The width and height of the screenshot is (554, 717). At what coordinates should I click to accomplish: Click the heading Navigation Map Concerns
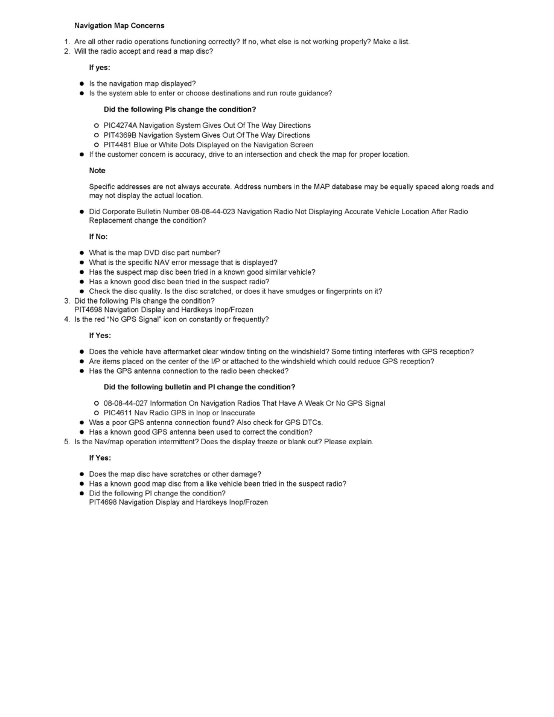[119, 25]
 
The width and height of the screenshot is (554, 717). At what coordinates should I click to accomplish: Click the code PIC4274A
[121, 126]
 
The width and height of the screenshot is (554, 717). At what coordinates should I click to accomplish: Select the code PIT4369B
[121, 135]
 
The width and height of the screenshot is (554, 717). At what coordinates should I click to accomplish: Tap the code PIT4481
[118, 145]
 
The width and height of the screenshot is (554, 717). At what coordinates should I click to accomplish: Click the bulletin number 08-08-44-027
[125, 403]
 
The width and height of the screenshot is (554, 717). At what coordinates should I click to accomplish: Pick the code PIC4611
[118, 413]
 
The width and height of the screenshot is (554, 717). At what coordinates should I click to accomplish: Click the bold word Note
[97, 171]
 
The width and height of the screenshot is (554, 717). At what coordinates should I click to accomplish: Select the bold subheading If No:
[98, 237]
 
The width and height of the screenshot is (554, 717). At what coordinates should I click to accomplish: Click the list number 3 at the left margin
[67, 301]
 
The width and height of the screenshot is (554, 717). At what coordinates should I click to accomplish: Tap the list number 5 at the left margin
[67, 442]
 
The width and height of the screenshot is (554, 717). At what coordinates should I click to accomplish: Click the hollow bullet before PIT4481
[96, 145]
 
